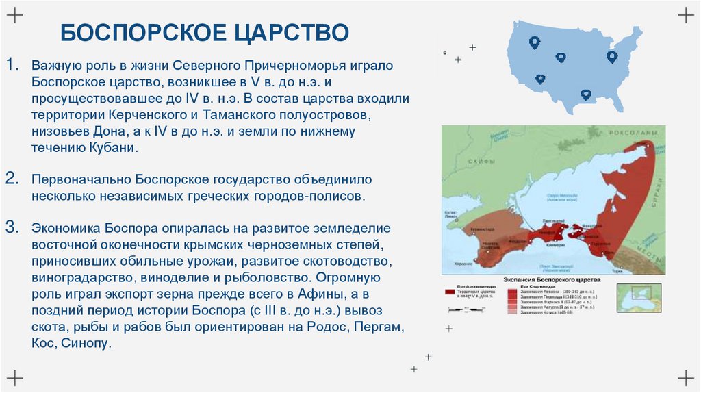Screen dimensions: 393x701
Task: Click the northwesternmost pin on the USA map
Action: (x=534, y=42)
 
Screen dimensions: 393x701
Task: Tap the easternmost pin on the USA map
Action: (x=612, y=57)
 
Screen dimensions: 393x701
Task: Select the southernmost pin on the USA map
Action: (x=585, y=95)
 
